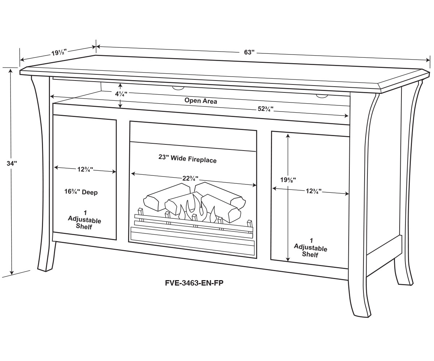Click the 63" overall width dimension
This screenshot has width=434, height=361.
pyautogui.click(x=250, y=52)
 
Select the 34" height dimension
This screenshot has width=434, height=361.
pyautogui.click(x=12, y=163)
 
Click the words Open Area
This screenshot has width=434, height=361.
pyautogui.click(x=201, y=101)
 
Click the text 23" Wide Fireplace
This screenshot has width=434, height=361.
pyautogui.click(x=187, y=158)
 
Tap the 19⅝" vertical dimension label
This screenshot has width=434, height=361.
pyautogui.click(x=288, y=179)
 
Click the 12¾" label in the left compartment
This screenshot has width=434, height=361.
pyautogui.click(x=85, y=169)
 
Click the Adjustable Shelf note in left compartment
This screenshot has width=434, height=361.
pyautogui.click(x=84, y=220)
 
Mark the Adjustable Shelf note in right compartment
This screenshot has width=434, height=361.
pyautogui.click(x=310, y=248)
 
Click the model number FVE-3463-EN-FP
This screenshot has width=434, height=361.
pyautogui.click(x=194, y=283)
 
